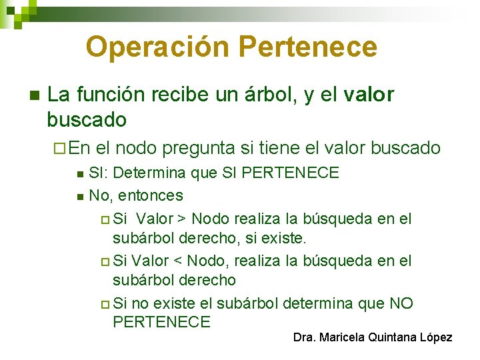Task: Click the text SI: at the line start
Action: [x=100, y=173]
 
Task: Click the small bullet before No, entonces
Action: [x=80, y=197]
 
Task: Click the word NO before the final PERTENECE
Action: [x=401, y=304]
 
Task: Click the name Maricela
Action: [x=341, y=337]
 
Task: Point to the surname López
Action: [x=437, y=337]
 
